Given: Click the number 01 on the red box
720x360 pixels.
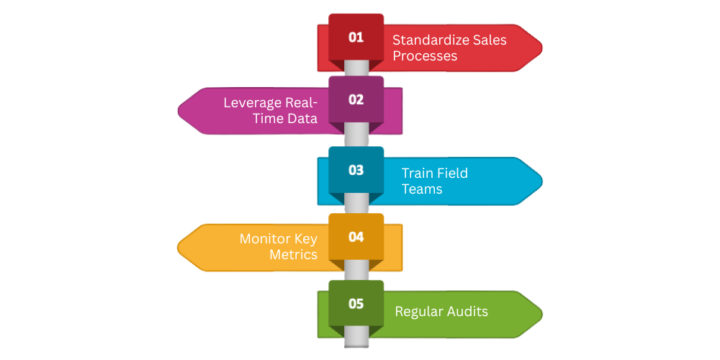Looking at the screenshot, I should tap(356, 37).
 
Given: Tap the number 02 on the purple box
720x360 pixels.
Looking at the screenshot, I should tap(356, 99).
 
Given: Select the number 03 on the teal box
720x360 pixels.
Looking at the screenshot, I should tap(356, 171).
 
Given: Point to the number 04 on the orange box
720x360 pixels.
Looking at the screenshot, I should tap(356, 236).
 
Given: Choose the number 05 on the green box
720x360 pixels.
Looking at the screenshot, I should tap(356, 303).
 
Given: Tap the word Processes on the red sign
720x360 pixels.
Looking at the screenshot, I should tap(424, 55).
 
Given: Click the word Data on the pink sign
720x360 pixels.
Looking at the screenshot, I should tap(302, 118).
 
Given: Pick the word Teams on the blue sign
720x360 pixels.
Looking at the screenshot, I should tap(422, 189).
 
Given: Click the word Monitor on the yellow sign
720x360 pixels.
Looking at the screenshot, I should tap(265, 238).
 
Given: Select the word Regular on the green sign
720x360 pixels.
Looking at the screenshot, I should tap(418, 311).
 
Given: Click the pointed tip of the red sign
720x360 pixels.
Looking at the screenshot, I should tap(541, 48).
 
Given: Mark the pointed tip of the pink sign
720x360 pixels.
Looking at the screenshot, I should tap(179, 111).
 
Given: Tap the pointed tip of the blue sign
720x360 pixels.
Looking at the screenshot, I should tap(541, 181).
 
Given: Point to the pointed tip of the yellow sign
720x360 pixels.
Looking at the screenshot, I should tap(179, 247).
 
